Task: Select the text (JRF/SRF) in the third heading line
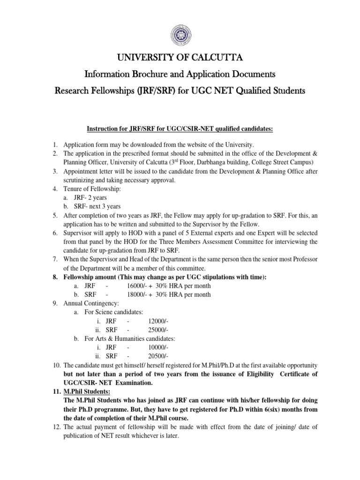159,90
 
